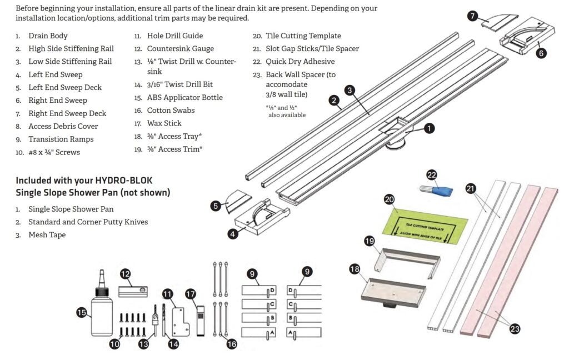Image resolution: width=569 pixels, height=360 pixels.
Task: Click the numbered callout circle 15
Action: (x=82, y=313)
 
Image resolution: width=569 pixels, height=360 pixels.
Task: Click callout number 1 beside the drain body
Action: (x=429, y=128)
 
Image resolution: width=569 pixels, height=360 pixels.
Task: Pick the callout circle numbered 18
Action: (x=355, y=269)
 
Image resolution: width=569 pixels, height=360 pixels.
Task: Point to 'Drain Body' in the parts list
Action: (x=48, y=36)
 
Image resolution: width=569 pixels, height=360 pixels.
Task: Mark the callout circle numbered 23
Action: (x=515, y=329)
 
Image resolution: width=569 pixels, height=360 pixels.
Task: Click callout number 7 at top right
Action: (x=472, y=16)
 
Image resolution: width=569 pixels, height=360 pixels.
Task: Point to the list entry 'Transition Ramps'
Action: (x=61, y=139)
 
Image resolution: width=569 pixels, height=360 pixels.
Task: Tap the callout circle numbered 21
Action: (x=471, y=189)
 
